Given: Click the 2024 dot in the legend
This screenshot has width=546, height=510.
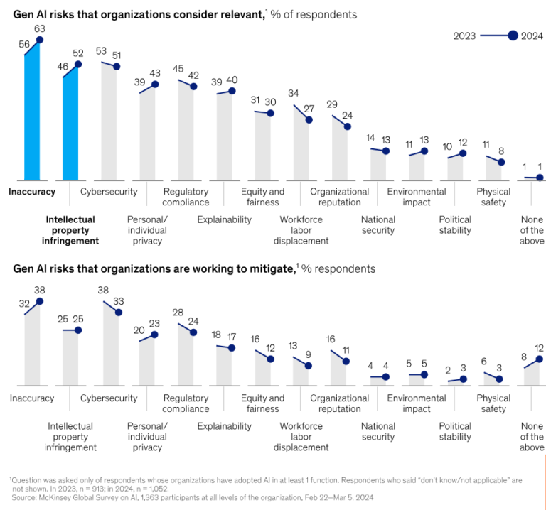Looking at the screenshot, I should click(x=513, y=36).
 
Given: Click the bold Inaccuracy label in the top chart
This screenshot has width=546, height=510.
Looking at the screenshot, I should click(x=33, y=192).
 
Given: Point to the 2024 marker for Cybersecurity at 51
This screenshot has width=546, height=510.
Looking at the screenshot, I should click(x=117, y=66).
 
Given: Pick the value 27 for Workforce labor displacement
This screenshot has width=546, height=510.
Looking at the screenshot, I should click(x=309, y=109).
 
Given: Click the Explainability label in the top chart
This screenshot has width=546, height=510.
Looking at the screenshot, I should click(x=224, y=219).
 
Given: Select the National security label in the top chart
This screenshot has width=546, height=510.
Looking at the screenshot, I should click(x=378, y=225).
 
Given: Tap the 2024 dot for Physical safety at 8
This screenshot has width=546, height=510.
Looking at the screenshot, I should click(x=501, y=162).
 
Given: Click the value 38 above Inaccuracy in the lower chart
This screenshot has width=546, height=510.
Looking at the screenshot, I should click(x=40, y=290).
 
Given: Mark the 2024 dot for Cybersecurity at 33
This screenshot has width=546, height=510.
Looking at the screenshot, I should click(x=117, y=312).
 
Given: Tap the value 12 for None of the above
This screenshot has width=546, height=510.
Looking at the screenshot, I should click(x=540, y=348).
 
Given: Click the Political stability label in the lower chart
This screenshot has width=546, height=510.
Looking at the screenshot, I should click(x=455, y=432).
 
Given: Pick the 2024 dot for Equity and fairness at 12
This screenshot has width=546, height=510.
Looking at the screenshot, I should click(x=271, y=359).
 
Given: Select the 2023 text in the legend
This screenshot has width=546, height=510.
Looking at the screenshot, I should click(x=465, y=36).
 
